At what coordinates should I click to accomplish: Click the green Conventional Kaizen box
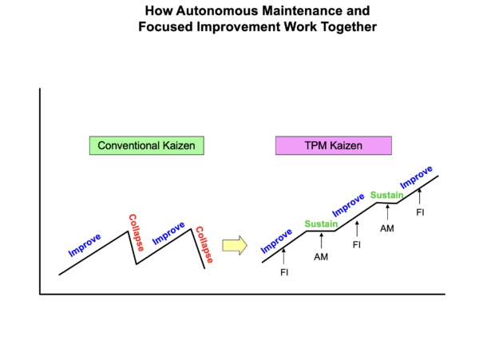point(146,146)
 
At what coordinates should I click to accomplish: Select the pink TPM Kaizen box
point(333,146)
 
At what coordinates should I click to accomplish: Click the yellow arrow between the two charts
point(234,244)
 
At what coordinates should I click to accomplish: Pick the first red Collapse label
point(136,232)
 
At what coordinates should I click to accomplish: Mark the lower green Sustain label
point(321,224)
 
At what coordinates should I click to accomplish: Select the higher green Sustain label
point(386,195)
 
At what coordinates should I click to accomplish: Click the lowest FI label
point(285,272)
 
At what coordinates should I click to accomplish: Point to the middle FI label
point(357,244)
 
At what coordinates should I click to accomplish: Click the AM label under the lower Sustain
point(321,256)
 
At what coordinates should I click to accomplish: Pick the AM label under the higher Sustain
point(386,228)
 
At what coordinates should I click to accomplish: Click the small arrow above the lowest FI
point(285,257)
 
